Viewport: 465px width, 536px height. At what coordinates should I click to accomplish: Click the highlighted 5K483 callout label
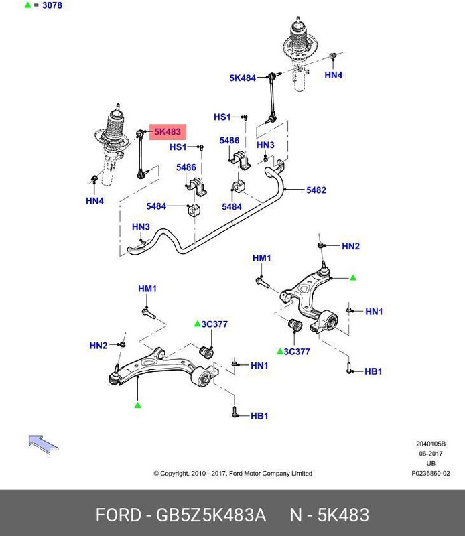(x=168, y=132)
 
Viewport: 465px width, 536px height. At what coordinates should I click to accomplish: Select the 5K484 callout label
(x=243, y=78)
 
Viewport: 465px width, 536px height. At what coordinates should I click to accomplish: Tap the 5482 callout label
(x=316, y=190)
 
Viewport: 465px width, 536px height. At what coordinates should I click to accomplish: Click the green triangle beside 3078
(x=27, y=6)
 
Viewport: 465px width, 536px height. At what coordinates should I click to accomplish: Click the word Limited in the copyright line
(x=301, y=473)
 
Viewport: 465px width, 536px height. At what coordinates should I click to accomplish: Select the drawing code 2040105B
(x=429, y=444)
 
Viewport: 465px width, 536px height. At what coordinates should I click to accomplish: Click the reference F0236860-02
(x=431, y=473)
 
